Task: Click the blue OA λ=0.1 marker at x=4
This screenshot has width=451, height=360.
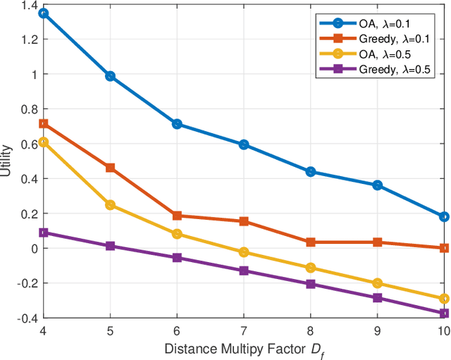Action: [x=43, y=13]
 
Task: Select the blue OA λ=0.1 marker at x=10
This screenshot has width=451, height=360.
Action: [x=444, y=216]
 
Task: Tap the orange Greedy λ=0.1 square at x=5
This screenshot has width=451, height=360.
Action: [x=110, y=168]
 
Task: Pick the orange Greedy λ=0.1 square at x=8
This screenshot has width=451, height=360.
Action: [x=310, y=242]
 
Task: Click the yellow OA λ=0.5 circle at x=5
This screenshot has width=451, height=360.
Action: [x=110, y=205]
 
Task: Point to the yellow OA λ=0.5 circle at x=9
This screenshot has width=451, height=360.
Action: [x=377, y=283]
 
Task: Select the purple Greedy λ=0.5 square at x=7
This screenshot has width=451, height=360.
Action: [x=244, y=271]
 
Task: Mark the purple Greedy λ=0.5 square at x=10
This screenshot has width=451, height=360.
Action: [x=444, y=314]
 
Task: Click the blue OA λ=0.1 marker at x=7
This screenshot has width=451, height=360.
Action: [x=244, y=144]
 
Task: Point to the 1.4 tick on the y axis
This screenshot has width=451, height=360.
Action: [x=27, y=5]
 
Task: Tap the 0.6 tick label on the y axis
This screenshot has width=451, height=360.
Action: [x=27, y=144]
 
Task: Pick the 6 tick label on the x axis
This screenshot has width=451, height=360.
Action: [x=177, y=330]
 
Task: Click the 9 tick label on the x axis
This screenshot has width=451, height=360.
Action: [x=377, y=330]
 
